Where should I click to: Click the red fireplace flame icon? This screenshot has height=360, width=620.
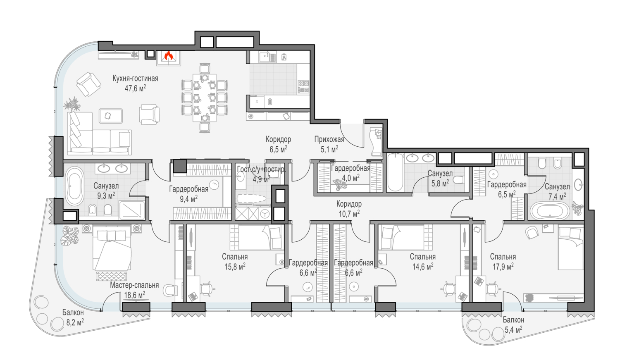click(x=169, y=56)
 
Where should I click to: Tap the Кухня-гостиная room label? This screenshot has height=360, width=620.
click(x=135, y=79)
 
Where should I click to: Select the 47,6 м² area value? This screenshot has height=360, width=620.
click(x=135, y=88)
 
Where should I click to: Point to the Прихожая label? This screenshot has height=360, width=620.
click(x=329, y=139)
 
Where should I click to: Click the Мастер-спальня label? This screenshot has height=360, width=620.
click(x=134, y=285)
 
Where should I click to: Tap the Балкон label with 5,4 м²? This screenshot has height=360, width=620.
click(x=513, y=320)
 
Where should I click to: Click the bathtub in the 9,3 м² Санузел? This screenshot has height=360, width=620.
click(x=74, y=186)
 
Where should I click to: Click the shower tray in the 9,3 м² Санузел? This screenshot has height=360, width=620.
click(x=132, y=210)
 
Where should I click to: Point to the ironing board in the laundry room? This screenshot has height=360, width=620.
click(x=251, y=199)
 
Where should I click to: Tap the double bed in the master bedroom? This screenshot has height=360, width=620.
click(x=112, y=248)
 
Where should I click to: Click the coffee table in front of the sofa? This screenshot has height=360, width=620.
click(x=111, y=116)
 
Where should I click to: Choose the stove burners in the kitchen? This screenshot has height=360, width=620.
click(x=303, y=86)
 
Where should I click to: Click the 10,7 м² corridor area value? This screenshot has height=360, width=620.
click(x=349, y=214)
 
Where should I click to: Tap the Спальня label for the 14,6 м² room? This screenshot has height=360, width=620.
click(x=423, y=257)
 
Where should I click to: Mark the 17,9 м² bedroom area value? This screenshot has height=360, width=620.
click(x=503, y=267)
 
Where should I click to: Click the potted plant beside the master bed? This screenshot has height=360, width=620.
click(x=70, y=236)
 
